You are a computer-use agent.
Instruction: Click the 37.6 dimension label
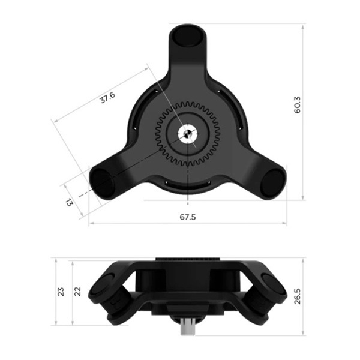[x=107, y=97]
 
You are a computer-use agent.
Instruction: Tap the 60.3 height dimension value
[x=297, y=105]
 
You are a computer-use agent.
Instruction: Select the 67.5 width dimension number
[x=188, y=217]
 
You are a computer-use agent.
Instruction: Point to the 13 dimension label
[x=70, y=202]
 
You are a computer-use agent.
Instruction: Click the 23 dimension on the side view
[x=61, y=292]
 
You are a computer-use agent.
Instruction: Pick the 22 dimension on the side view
[x=78, y=292]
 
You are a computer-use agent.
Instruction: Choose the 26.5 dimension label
[x=298, y=296]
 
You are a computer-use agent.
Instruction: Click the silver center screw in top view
[x=188, y=133]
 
